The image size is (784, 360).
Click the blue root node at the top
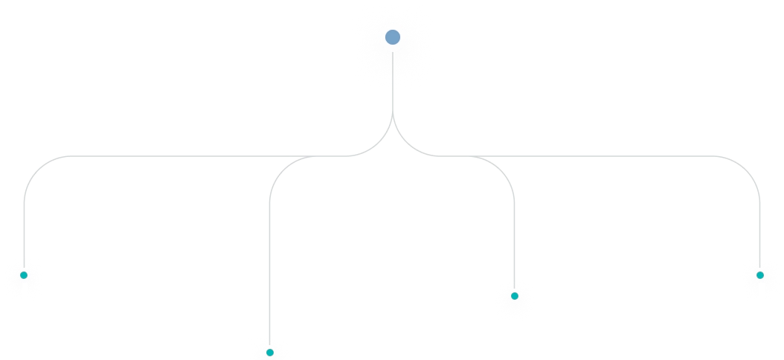coord(393,37)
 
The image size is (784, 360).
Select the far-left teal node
coord(24,275)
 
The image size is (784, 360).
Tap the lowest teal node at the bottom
coord(270,352)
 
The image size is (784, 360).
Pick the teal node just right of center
coord(514,296)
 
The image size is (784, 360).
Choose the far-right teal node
coord(759,275)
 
